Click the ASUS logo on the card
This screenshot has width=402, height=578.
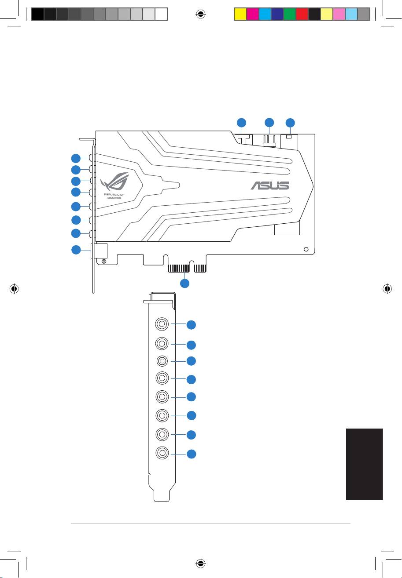tap(269, 185)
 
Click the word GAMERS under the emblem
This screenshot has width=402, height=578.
tap(114, 198)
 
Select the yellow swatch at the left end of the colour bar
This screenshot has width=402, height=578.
tap(240, 14)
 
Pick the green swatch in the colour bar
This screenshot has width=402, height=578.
tap(290, 14)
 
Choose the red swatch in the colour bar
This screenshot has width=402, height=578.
tap(302, 14)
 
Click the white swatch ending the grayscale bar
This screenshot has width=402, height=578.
tap(161, 14)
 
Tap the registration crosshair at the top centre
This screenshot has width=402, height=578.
tap(201, 14)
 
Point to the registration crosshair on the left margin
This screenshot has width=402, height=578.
tap(14, 289)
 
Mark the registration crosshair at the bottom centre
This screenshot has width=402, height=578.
tap(201, 563)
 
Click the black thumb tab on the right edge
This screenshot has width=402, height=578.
tap(364, 464)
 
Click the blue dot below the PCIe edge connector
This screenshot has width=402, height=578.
tap(184, 284)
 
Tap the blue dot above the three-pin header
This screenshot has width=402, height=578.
tap(269, 123)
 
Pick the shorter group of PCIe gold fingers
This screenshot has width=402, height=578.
tap(200, 269)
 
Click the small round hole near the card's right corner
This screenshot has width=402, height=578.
tap(306, 249)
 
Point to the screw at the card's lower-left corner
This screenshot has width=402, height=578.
tap(104, 262)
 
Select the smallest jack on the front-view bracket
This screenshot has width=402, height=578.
tap(162, 361)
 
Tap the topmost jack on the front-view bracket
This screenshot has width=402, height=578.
tap(162, 324)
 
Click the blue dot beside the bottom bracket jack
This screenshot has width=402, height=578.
tap(191, 454)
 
